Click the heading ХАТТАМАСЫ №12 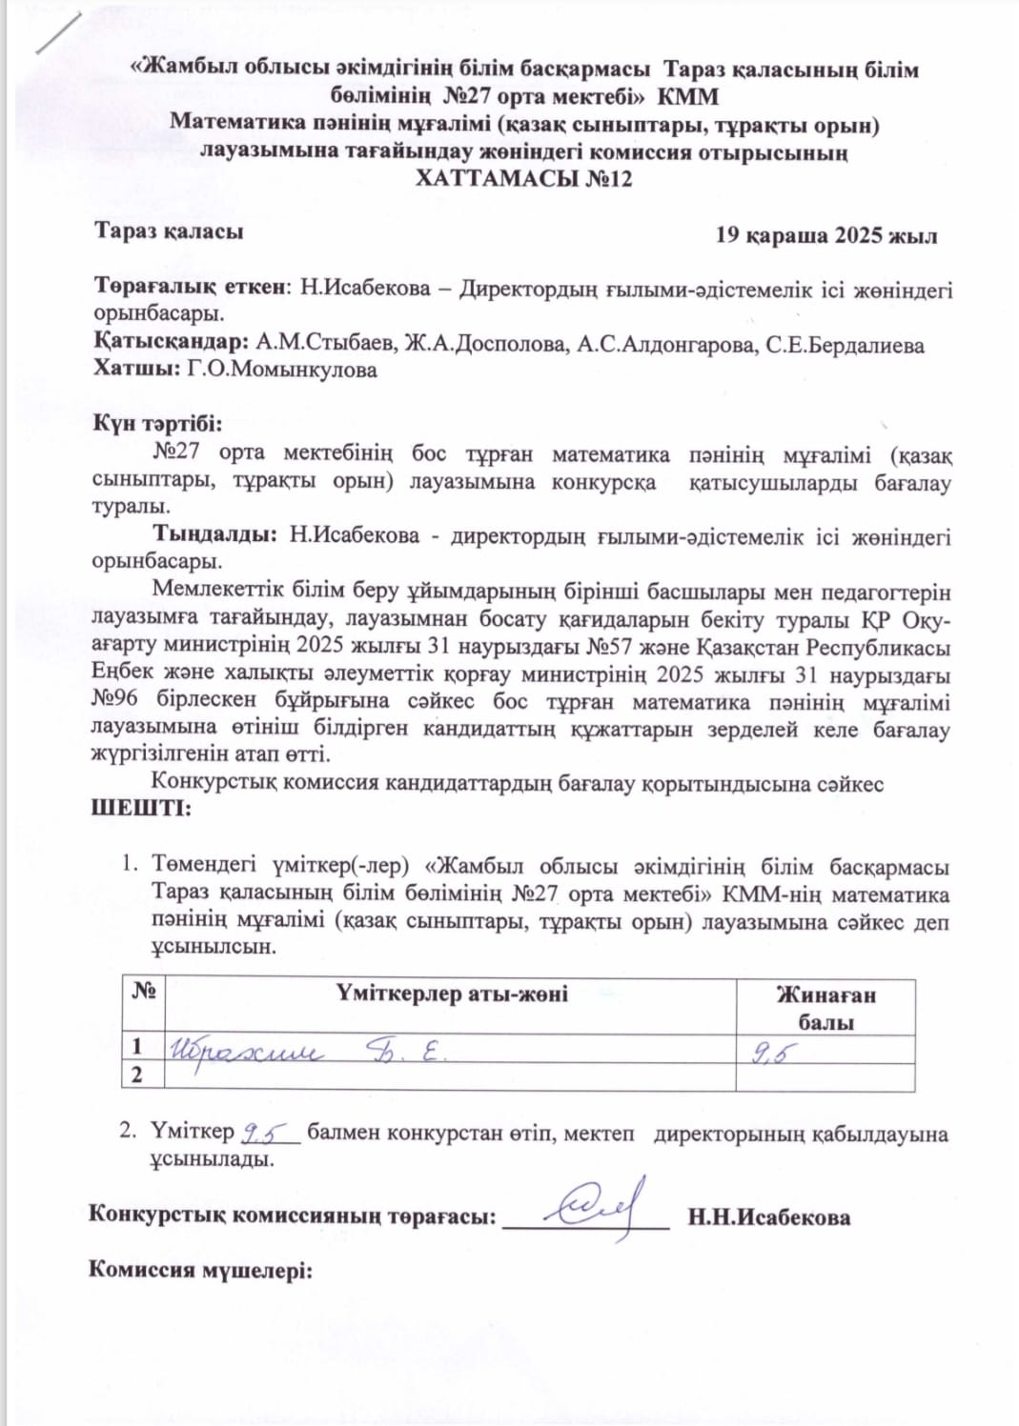tap(523, 179)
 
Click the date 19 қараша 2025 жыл tap(825, 236)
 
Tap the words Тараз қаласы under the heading tap(169, 231)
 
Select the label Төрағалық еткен tap(190, 288)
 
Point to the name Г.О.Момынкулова tap(282, 370)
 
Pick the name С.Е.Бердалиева tap(845, 345)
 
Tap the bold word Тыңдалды tap(215, 535)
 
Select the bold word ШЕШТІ tap(140, 809)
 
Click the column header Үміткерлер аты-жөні tap(451, 994)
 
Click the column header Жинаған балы tap(825, 1008)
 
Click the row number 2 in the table tap(137, 1075)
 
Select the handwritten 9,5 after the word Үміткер tap(268, 1133)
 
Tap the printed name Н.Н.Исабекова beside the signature tap(768, 1217)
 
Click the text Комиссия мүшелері tap(200, 1270)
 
